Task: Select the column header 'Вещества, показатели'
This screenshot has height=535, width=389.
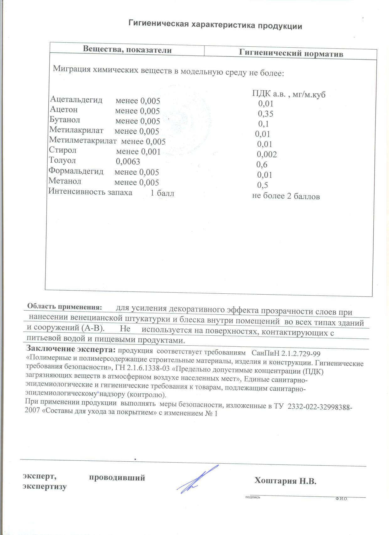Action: [x=127, y=50]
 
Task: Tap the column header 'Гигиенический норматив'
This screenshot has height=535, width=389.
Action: [x=291, y=53]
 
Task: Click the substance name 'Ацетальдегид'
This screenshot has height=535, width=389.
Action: [x=76, y=100]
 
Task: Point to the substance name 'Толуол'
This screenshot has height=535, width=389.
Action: [x=62, y=160]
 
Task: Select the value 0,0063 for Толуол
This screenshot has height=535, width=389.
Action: [x=128, y=162]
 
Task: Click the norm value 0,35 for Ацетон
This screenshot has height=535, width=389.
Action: [x=265, y=113]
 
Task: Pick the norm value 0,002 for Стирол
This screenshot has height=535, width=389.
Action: [x=267, y=154]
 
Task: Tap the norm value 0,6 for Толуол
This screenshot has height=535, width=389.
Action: [x=262, y=165]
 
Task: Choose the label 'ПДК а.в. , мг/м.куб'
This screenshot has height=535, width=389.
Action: [x=289, y=94]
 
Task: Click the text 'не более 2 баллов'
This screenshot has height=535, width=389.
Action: [x=286, y=196]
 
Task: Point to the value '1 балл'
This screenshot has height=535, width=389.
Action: [x=162, y=193]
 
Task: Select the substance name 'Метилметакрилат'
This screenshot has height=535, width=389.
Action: [x=83, y=140]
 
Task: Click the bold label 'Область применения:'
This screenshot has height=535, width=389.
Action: [x=65, y=307]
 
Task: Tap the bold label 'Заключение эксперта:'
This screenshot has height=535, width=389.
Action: [x=71, y=349]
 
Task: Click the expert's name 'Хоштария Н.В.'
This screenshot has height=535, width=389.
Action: [x=285, y=481]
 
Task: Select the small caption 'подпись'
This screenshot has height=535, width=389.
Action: [x=253, y=497]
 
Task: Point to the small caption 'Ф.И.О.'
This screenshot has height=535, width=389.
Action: [x=341, y=499]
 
